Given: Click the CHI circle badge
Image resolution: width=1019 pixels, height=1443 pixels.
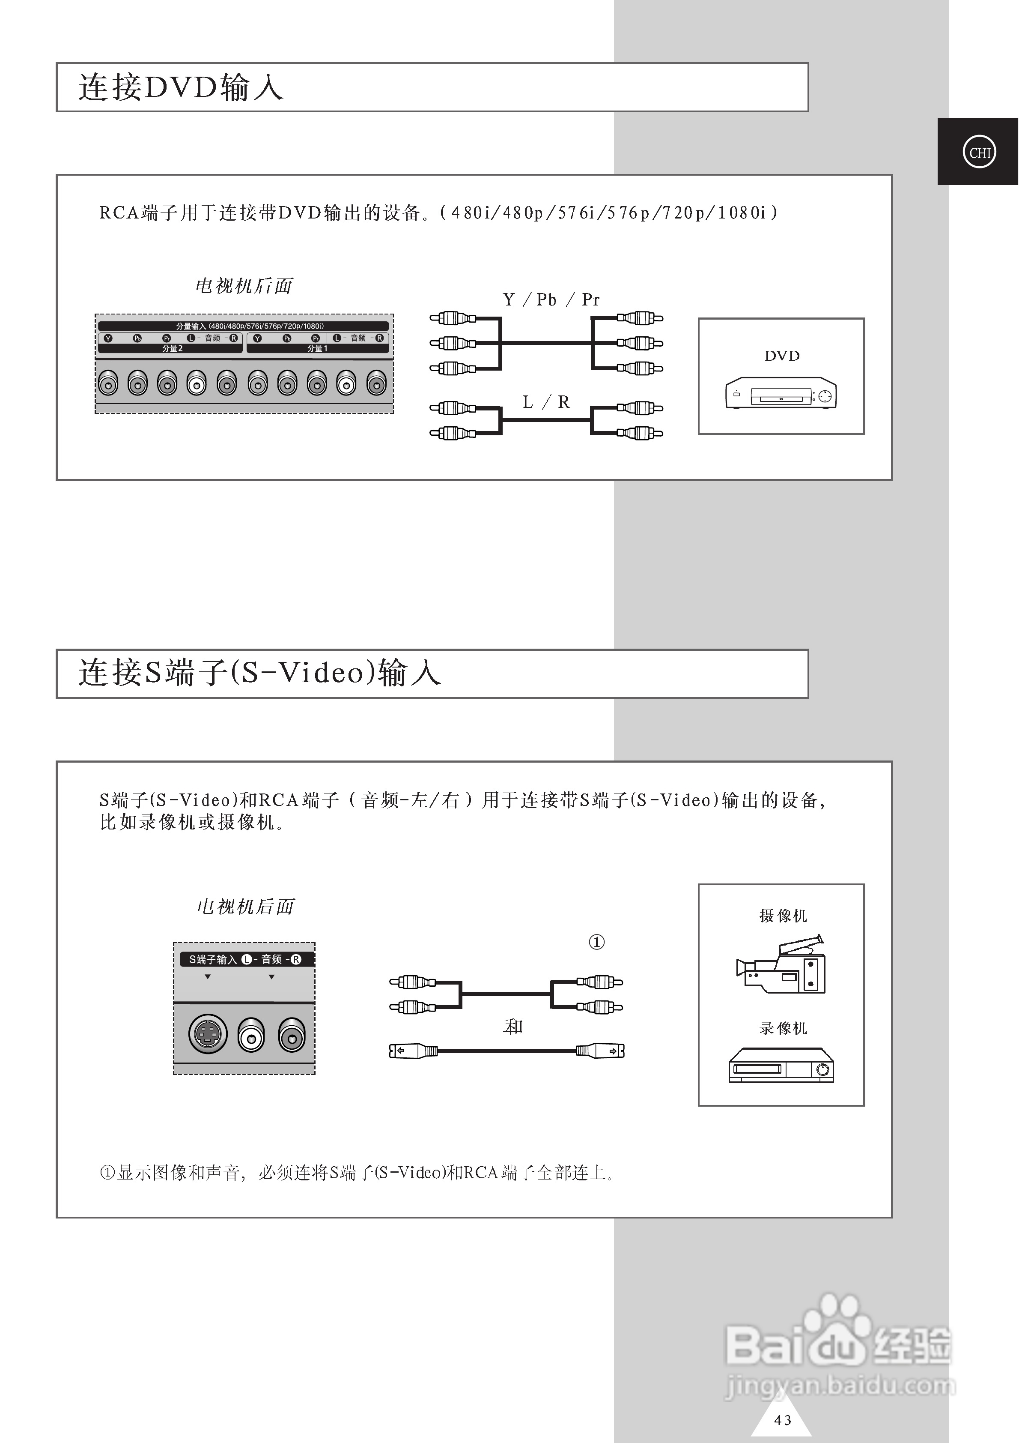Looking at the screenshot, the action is pyautogui.click(x=979, y=152).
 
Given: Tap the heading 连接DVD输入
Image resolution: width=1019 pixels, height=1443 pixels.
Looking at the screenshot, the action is pyautogui.click(x=180, y=87).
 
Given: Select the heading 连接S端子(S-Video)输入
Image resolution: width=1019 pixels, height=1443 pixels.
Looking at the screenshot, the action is pyautogui.click(x=259, y=673).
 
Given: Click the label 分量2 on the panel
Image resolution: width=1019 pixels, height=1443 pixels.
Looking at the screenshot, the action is pyautogui.click(x=172, y=348).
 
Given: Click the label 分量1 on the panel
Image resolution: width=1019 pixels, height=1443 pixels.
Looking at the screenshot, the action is pyautogui.click(x=317, y=348).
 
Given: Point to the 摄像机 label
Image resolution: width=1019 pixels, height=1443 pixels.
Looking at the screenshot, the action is pyautogui.click(x=783, y=916).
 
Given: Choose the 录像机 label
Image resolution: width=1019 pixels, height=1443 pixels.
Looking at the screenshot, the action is pyautogui.click(x=783, y=1028).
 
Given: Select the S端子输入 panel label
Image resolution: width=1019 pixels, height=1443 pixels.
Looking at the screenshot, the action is pyautogui.click(x=213, y=959).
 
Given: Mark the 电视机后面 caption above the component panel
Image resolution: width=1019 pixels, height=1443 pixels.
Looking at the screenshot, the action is pyautogui.click(x=244, y=286).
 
